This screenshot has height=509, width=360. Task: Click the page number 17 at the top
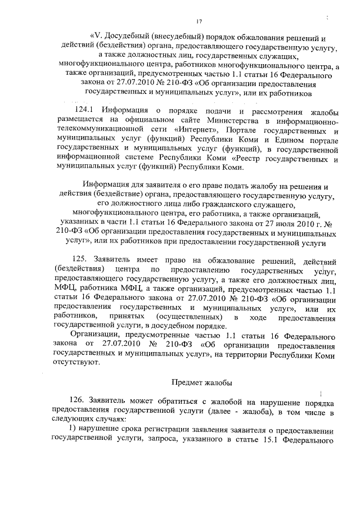pos(199,21)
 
